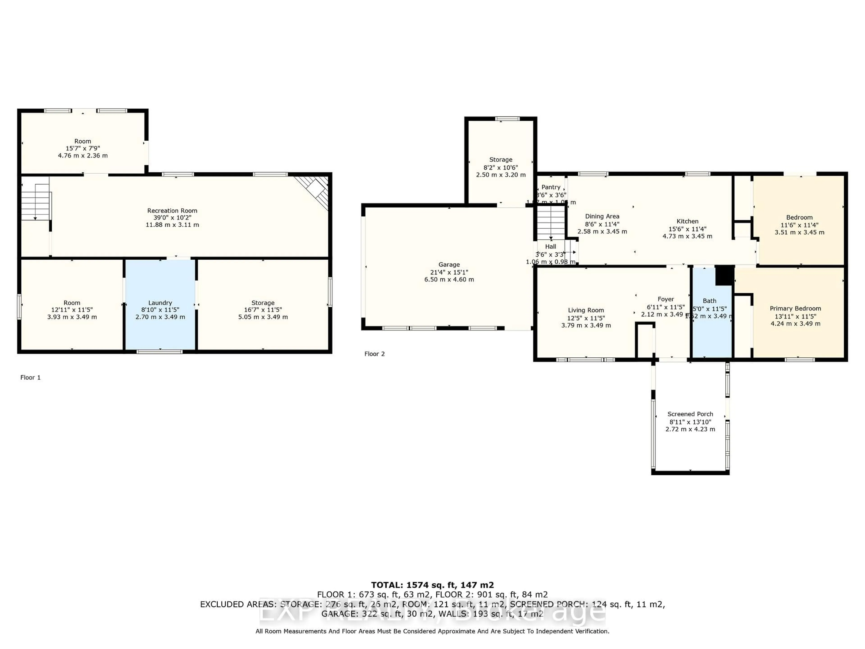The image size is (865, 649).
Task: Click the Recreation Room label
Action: (x=172, y=210)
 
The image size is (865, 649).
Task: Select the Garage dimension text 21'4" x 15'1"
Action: (x=449, y=272)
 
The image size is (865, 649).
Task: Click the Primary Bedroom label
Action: (x=795, y=308)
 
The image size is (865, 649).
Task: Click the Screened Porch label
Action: (x=690, y=414)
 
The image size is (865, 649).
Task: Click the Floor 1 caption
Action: (x=30, y=377)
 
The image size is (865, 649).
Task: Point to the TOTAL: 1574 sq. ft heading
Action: (x=432, y=585)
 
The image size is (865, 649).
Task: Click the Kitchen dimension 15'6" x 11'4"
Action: (x=687, y=229)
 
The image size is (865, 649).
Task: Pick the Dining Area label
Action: (x=602, y=216)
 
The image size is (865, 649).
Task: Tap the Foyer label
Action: (x=666, y=299)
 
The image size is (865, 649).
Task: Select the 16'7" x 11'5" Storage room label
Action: (x=263, y=303)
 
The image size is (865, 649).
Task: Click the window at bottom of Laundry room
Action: (x=159, y=351)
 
